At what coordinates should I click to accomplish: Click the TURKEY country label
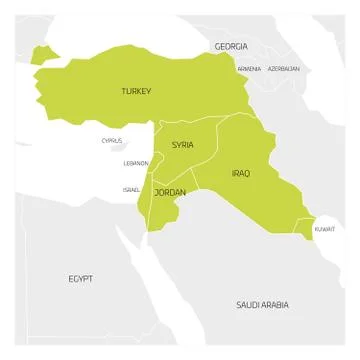point(136,91)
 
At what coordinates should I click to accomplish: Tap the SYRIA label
point(182,145)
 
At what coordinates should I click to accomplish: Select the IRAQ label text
point(241,173)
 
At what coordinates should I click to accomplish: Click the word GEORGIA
point(231,47)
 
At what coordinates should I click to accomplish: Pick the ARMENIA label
point(249,68)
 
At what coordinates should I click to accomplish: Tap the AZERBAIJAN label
point(283,68)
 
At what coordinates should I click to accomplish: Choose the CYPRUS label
point(112,141)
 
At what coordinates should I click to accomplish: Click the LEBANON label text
point(136,162)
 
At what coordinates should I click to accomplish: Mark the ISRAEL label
point(131,188)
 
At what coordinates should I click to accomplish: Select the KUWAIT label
point(325,229)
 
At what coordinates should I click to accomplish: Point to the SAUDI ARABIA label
point(262,303)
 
